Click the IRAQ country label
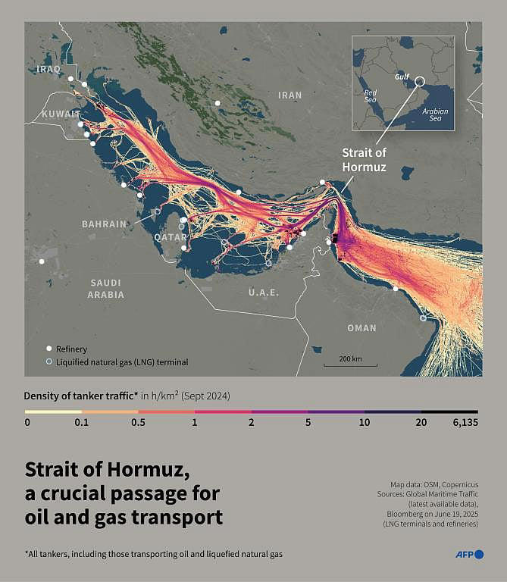point(47,69)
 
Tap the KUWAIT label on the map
point(55,113)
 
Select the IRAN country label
point(289,95)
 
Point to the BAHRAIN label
point(105,224)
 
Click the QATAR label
point(170,236)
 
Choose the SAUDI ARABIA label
point(105,289)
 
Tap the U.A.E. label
point(264,292)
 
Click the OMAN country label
point(361,327)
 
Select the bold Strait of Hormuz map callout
point(364,160)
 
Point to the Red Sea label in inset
point(370,95)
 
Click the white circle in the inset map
point(420,80)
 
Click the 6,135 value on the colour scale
point(464,423)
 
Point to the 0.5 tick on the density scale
point(138,423)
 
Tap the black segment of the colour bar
point(449,411)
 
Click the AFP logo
point(468,555)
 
